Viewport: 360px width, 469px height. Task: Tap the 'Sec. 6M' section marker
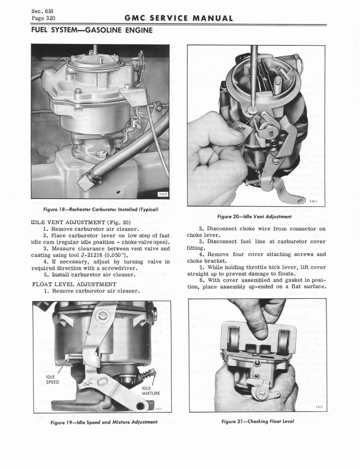(40, 11)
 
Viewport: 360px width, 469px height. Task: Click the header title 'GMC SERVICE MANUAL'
(179, 18)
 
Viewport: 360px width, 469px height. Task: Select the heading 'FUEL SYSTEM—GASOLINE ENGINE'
(92, 30)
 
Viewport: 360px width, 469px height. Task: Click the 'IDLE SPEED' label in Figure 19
(52, 379)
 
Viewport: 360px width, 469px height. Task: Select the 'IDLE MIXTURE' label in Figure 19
(151, 390)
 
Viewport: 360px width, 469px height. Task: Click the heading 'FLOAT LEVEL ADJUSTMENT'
(74, 284)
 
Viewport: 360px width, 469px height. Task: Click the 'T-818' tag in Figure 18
(163, 194)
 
